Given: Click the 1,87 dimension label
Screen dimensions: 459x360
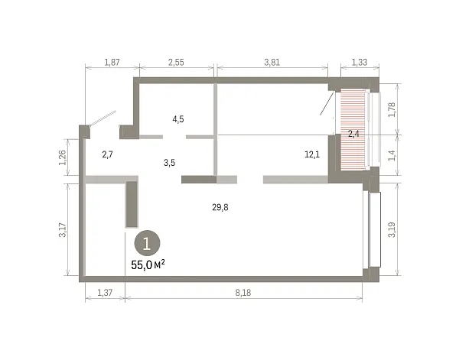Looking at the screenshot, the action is click(x=112, y=62).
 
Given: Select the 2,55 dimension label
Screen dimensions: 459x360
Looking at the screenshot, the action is click(x=176, y=62).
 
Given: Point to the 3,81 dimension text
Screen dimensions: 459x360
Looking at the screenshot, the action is click(x=272, y=62).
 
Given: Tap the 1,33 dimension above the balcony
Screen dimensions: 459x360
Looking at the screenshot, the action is click(x=360, y=62).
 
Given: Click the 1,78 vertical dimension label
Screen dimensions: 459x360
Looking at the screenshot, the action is click(x=392, y=109).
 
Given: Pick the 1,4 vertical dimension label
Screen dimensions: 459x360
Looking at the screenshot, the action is click(x=392, y=155).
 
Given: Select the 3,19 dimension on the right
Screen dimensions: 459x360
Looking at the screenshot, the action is click(x=392, y=229).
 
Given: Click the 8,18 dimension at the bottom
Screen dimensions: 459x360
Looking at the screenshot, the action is click(x=243, y=293).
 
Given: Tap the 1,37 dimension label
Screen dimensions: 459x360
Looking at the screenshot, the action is click(x=105, y=293).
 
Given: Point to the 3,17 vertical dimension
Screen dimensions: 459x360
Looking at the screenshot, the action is click(x=63, y=230).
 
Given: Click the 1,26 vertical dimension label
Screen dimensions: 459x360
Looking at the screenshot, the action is click(x=63, y=157).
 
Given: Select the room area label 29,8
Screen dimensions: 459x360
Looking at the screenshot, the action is click(x=220, y=207).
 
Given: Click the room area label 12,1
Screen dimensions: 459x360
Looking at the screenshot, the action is click(x=312, y=154).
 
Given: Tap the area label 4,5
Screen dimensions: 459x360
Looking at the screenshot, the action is click(x=178, y=119).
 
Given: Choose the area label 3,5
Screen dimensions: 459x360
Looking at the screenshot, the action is click(x=170, y=163).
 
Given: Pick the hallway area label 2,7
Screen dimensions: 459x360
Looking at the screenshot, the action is click(x=107, y=154).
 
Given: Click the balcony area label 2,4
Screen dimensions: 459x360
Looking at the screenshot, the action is click(x=353, y=134).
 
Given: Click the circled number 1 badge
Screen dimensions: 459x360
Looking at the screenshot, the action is click(x=147, y=243).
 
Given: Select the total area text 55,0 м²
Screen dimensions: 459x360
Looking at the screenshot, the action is click(x=148, y=265).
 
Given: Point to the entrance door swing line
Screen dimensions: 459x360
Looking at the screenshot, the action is click(x=103, y=118).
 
